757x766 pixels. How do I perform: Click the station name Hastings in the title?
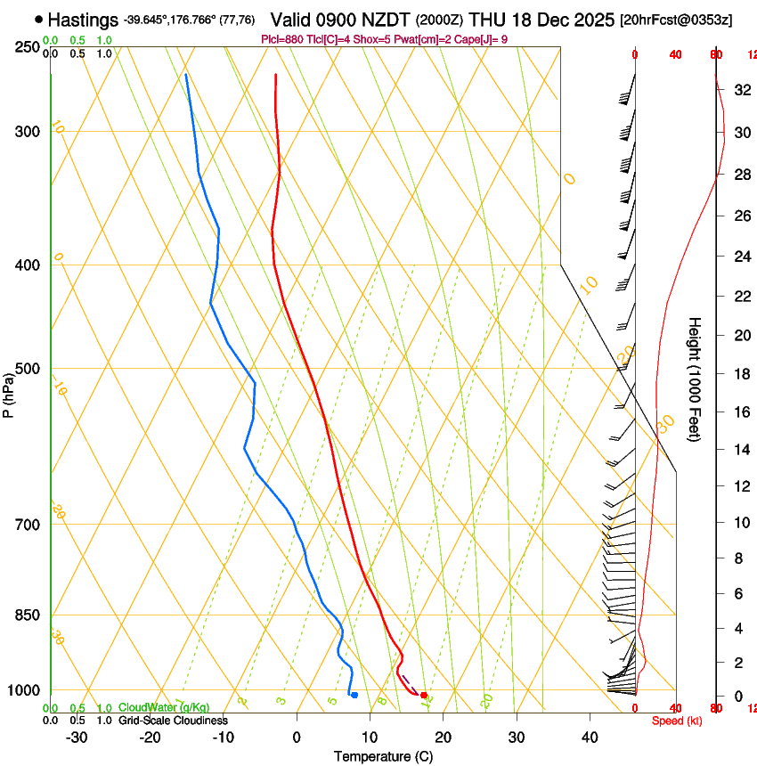coord(83,19)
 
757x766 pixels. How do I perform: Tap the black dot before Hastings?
coord(38,19)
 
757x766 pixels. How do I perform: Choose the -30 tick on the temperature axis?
coord(77,737)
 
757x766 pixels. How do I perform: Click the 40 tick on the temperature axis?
coord(590,737)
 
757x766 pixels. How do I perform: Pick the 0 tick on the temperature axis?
coord(297,737)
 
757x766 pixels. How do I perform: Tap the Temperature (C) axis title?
coord(383,756)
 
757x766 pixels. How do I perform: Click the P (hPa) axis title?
coord(9,395)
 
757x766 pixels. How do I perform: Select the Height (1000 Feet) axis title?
coord(696,379)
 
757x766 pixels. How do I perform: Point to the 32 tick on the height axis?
coord(740,90)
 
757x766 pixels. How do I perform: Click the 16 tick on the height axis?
coord(740,412)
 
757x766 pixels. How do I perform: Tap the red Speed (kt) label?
coord(677,721)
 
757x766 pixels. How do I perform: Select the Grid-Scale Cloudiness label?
coord(173,720)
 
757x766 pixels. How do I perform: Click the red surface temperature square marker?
coord(424,695)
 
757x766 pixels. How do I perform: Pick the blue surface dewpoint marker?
coord(354,695)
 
